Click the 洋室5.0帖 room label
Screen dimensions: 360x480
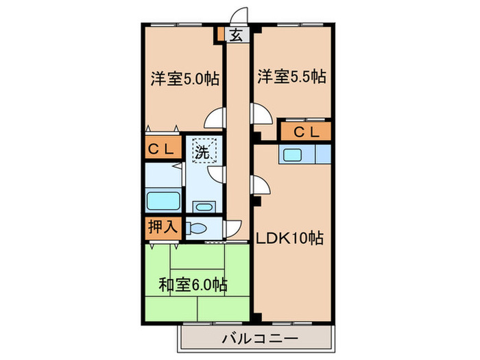click(184, 79)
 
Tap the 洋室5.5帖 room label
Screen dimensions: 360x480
click(291, 77)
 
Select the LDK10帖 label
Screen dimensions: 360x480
click(291, 239)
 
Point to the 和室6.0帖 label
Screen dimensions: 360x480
click(194, 284)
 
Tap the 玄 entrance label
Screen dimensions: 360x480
click(236, 36)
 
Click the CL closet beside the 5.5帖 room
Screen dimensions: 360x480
click(305, 132)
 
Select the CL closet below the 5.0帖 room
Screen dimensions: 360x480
click(163, 147)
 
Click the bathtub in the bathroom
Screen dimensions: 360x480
click(163, 202)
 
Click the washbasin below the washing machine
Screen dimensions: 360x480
click(202, 206)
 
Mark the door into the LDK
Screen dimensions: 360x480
click(260, 187)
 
